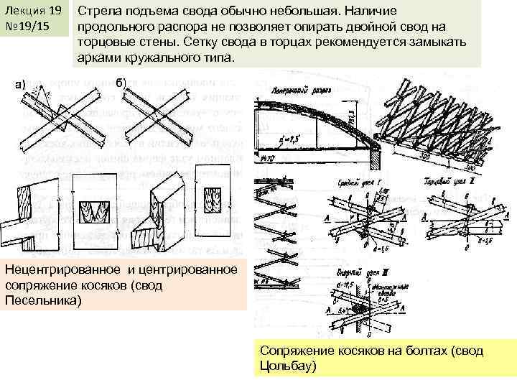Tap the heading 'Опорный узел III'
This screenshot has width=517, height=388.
tap(355, 274)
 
